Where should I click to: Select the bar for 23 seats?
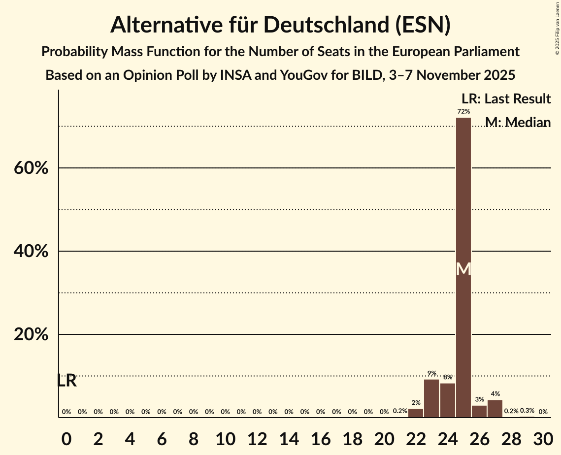coord(431,398)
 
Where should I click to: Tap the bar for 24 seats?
coord(448,400)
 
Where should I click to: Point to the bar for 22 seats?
coord(416,413)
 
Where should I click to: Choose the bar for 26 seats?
coord(479,412)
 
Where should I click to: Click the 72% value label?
coord(463,112)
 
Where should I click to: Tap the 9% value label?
coord(432,373)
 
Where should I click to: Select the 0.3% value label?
coord(527,411)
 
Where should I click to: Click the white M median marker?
coord(463,269)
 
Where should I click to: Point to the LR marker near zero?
coord(66,381)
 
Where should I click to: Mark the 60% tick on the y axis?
coord(31,168)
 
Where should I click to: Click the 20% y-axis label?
coord(31,335)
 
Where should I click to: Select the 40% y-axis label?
coord(31,252)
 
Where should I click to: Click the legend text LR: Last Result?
coord(506,99)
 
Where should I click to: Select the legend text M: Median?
coord(518,122)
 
